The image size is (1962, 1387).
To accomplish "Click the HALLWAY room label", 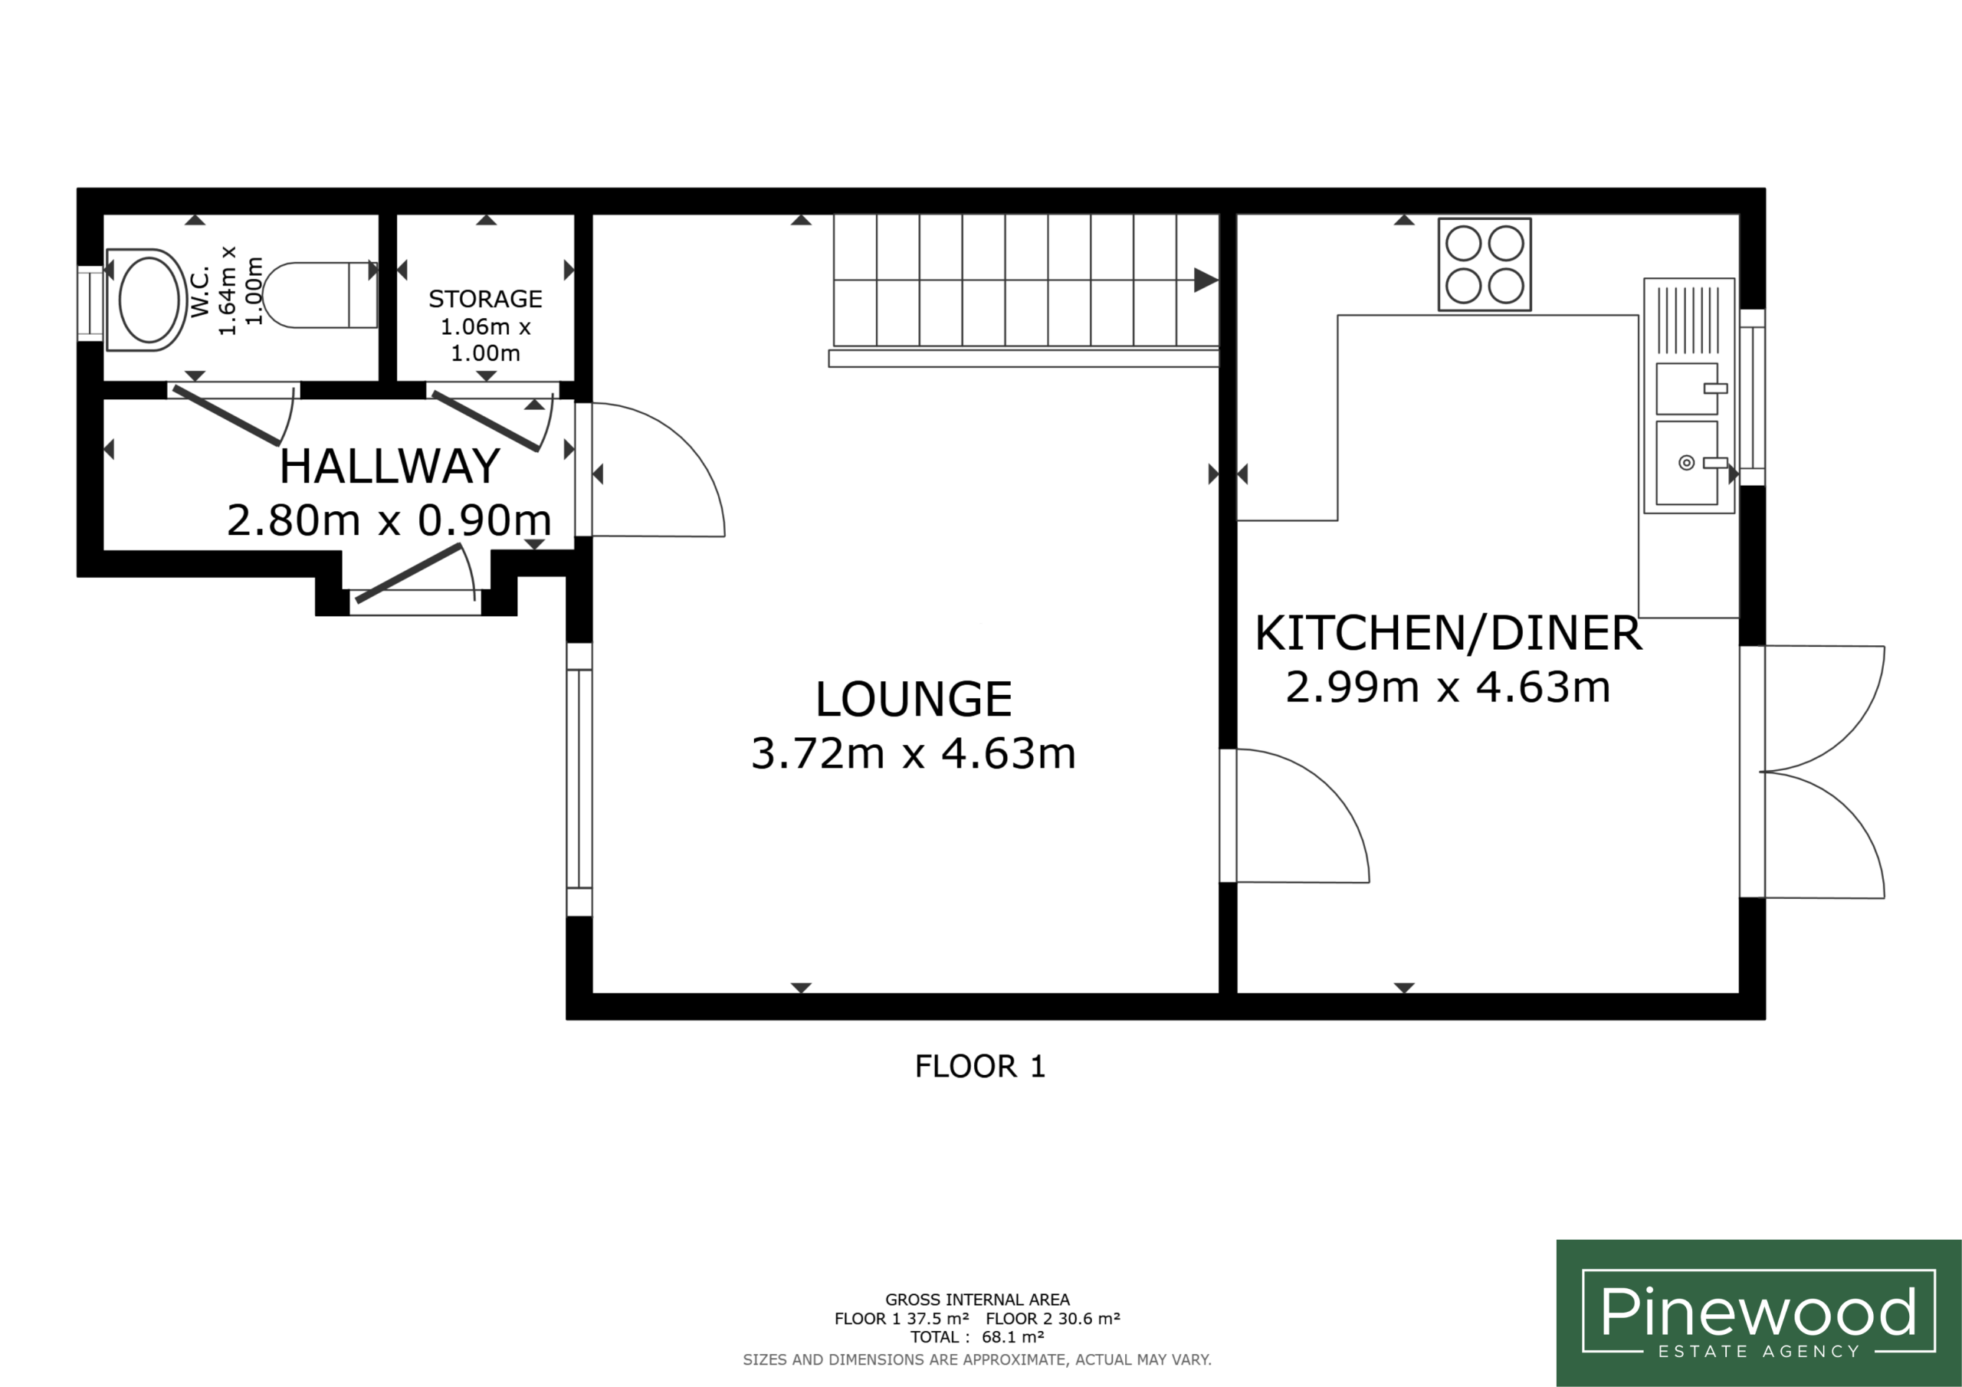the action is click(389, 466).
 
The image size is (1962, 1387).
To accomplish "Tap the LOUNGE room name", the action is click(914, 699).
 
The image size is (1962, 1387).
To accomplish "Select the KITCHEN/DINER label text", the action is click(1449, 633).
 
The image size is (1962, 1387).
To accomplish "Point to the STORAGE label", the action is click(485, 299).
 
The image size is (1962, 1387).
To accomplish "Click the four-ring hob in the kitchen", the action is click(1485, 265).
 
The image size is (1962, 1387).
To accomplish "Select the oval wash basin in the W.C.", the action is click(147, 300).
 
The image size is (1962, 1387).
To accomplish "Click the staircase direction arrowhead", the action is click(1206, 280).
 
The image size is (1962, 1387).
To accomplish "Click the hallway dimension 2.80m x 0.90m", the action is click(389, 520).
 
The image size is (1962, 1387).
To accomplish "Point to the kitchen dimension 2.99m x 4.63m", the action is click(1449, 687).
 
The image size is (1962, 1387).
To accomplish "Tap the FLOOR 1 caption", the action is click(980, 1067).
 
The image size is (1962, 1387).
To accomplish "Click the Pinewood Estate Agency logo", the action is click(1759, 1313).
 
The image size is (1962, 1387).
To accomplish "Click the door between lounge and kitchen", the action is click(1294, 815).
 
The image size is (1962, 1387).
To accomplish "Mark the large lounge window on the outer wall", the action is click(579, 779).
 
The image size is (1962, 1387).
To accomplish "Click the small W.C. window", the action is click(90, 303).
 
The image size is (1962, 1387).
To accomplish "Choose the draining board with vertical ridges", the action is click(1688, 320).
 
